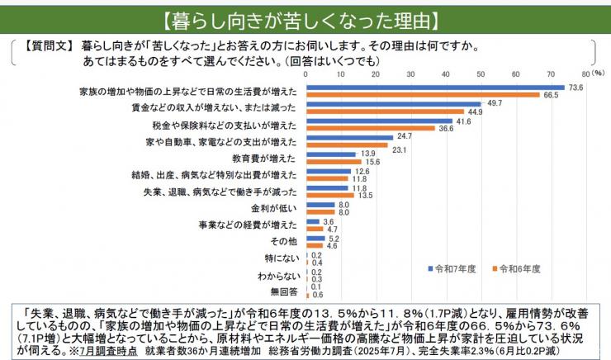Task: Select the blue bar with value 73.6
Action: coord(434,87)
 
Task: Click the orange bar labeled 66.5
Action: coord(422,94)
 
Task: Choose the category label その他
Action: coord(285,242)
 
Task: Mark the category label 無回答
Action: coord(283,292)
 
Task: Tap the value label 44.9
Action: coord(476,111)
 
